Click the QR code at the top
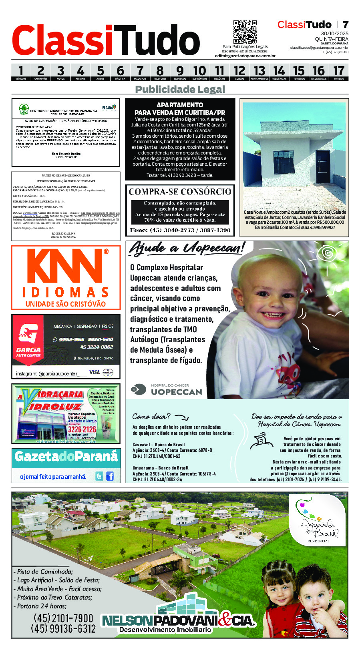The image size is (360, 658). click(245, 32)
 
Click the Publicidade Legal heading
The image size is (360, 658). click(180, 89)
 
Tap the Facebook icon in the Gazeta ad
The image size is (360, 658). click(110, 476)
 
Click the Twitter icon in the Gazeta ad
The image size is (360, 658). click(99, 476)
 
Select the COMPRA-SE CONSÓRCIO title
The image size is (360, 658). click(180, 192)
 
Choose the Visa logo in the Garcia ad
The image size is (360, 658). click(95, 372)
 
